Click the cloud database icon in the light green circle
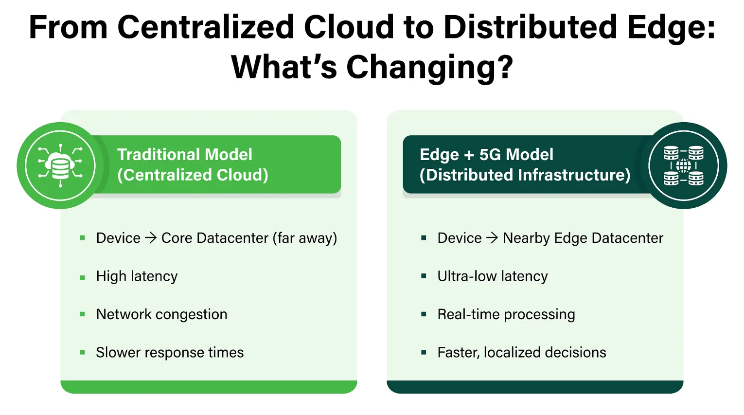[x=60, y=165]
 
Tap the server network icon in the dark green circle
[x=683, y=165]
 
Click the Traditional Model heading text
[x=185, y=154]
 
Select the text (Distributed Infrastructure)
[x=525, y=175]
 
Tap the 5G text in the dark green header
[x=490, y=154]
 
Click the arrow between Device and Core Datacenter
[x=151, y=238]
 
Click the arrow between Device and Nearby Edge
[x=492, y=238]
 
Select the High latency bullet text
[x=137, y=276]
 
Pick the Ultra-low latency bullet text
[x=492, y=276]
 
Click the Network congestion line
[x=161, y=314]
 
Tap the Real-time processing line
[x=506, y=314]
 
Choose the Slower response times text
[x=170, y=352]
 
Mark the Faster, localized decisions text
[x=521, y=352]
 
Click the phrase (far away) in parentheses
[x=305, y=238]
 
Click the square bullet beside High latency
[x=82, y=277]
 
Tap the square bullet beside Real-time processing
[x=424, y=315]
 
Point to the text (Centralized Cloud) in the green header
[x=193, y=175]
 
